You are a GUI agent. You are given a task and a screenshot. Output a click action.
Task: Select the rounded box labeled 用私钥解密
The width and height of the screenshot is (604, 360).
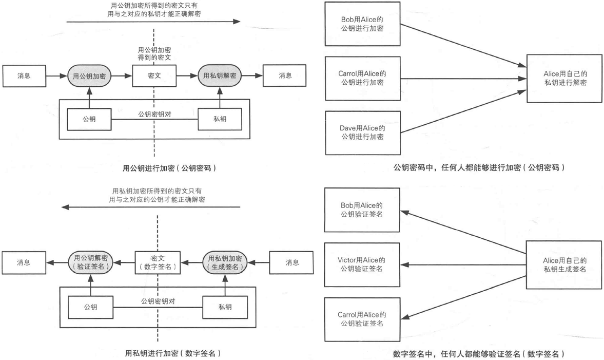220,75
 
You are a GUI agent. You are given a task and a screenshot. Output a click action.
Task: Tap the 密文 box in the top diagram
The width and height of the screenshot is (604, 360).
154,75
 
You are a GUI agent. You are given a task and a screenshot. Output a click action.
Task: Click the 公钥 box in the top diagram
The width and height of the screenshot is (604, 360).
89,119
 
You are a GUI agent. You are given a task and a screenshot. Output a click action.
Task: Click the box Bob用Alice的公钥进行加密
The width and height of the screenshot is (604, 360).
362,24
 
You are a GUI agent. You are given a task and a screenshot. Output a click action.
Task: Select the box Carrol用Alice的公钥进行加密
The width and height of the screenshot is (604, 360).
362,78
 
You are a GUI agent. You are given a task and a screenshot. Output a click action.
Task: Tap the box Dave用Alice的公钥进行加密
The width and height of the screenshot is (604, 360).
362,132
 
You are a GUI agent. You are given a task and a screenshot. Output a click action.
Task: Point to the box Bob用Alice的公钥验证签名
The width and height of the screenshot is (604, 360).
362,210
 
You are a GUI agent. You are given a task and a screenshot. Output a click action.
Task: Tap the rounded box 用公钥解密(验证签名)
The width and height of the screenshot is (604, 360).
90,262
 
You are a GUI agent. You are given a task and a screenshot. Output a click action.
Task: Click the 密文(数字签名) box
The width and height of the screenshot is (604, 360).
157,262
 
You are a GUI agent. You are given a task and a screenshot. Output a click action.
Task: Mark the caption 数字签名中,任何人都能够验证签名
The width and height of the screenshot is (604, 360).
480,353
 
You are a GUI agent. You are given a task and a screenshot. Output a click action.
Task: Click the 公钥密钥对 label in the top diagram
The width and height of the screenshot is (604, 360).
154,115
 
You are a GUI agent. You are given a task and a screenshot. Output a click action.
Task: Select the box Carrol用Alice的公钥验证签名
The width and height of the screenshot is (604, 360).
362,318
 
